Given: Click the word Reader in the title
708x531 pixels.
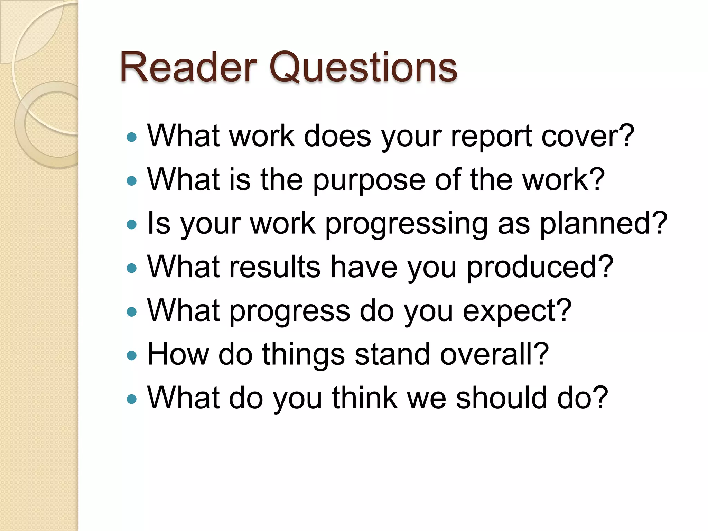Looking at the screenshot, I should [188, 67].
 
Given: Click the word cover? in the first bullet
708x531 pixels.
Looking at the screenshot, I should [588, 136].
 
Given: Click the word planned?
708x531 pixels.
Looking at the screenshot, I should [603, 224].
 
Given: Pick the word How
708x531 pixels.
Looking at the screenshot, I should [178, 354].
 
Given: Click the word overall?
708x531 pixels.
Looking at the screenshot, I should [494, 354].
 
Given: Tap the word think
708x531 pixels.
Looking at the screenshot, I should [365, 398].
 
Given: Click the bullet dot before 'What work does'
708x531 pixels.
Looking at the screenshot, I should [132, 138].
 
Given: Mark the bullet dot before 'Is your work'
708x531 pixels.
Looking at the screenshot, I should [132, 225].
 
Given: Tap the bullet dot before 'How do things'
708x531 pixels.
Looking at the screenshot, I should [132, 355].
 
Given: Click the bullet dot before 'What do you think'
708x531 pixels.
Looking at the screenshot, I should [132, 399].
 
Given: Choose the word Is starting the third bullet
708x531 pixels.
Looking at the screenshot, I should [159, 224].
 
